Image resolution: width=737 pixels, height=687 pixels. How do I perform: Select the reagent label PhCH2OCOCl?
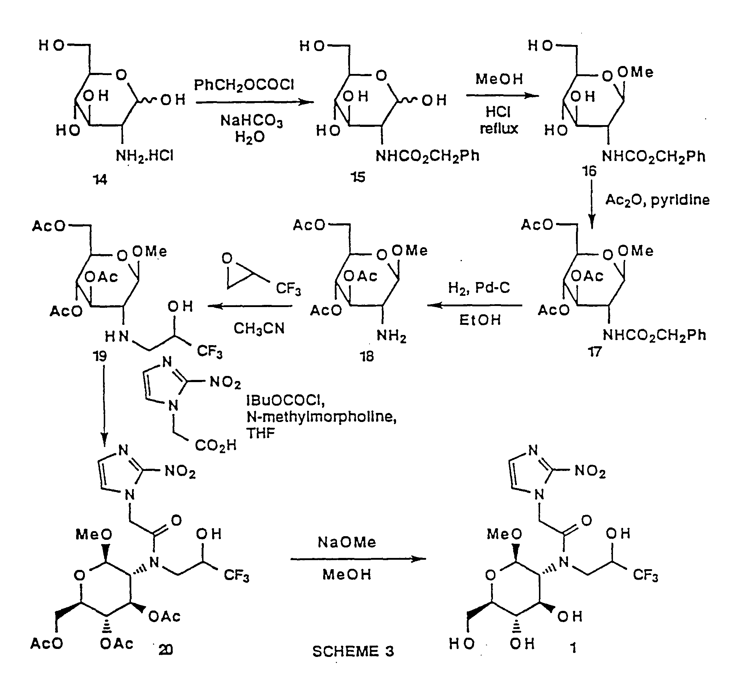244,86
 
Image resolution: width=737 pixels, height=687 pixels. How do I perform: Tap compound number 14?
100,179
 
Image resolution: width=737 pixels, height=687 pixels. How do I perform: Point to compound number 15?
358,177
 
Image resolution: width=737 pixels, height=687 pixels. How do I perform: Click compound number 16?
589,171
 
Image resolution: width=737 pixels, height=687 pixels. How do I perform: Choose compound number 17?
595,351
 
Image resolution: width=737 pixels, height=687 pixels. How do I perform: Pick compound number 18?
367,356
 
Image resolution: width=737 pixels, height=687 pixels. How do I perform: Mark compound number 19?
100,356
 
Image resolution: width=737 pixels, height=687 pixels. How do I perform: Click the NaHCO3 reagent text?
251,121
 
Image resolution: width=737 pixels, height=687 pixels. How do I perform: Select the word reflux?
499,129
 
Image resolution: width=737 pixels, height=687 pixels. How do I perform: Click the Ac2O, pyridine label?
657,200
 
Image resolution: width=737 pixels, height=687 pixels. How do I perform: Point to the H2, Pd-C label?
479,288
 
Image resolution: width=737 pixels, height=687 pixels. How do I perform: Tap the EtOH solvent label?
480,320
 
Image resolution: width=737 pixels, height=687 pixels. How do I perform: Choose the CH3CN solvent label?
259,329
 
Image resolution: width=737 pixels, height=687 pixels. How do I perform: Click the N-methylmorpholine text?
321,417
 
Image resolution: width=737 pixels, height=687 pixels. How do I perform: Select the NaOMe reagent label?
347,542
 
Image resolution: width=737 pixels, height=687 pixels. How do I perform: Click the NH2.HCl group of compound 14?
144,156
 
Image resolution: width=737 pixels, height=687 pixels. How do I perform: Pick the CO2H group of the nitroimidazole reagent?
215,446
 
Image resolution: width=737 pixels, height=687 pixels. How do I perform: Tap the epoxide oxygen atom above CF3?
227,258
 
